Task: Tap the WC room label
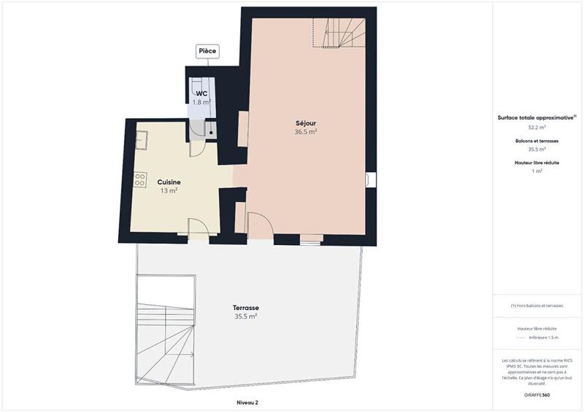(x=201, y=94)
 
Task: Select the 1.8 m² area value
(x=201, y=103)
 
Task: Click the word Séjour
(x=305, y=123)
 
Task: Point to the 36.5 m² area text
(x=305, y=132)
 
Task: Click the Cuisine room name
(x=169, y=182)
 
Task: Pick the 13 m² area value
(x=169, y=190)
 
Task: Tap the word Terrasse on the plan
(x=247, y=308)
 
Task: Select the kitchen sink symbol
(x=142, y=139)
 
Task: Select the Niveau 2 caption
(x=247, y=402)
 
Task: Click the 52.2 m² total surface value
(x=537, y=127)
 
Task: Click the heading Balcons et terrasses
(x=537, y=140)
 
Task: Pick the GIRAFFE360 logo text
(x=537, y=393)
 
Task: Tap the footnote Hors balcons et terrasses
(x=537, y=306)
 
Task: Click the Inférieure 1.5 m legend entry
(x=544, y=338)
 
